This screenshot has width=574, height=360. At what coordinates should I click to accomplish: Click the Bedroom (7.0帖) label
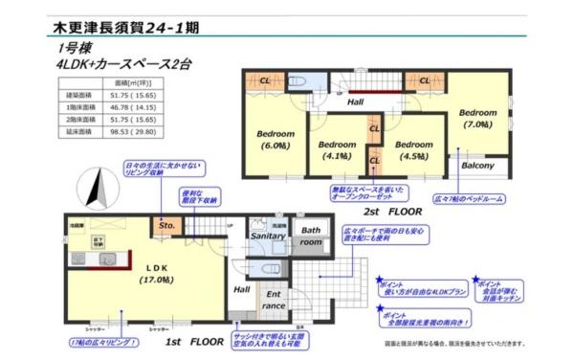(x=475, y=118)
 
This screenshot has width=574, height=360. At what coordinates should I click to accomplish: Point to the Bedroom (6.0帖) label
(x=276, y=139)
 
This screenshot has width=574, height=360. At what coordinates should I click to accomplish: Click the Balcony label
(x=477, y=166)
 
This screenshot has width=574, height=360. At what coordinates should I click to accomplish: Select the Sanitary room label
(x=268, y=236)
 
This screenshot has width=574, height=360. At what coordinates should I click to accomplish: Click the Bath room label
(x=311, y=236)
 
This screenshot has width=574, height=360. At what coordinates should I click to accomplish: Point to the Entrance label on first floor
(x=274, y=300)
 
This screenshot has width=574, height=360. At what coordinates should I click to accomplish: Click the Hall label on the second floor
(x=355, y=101)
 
